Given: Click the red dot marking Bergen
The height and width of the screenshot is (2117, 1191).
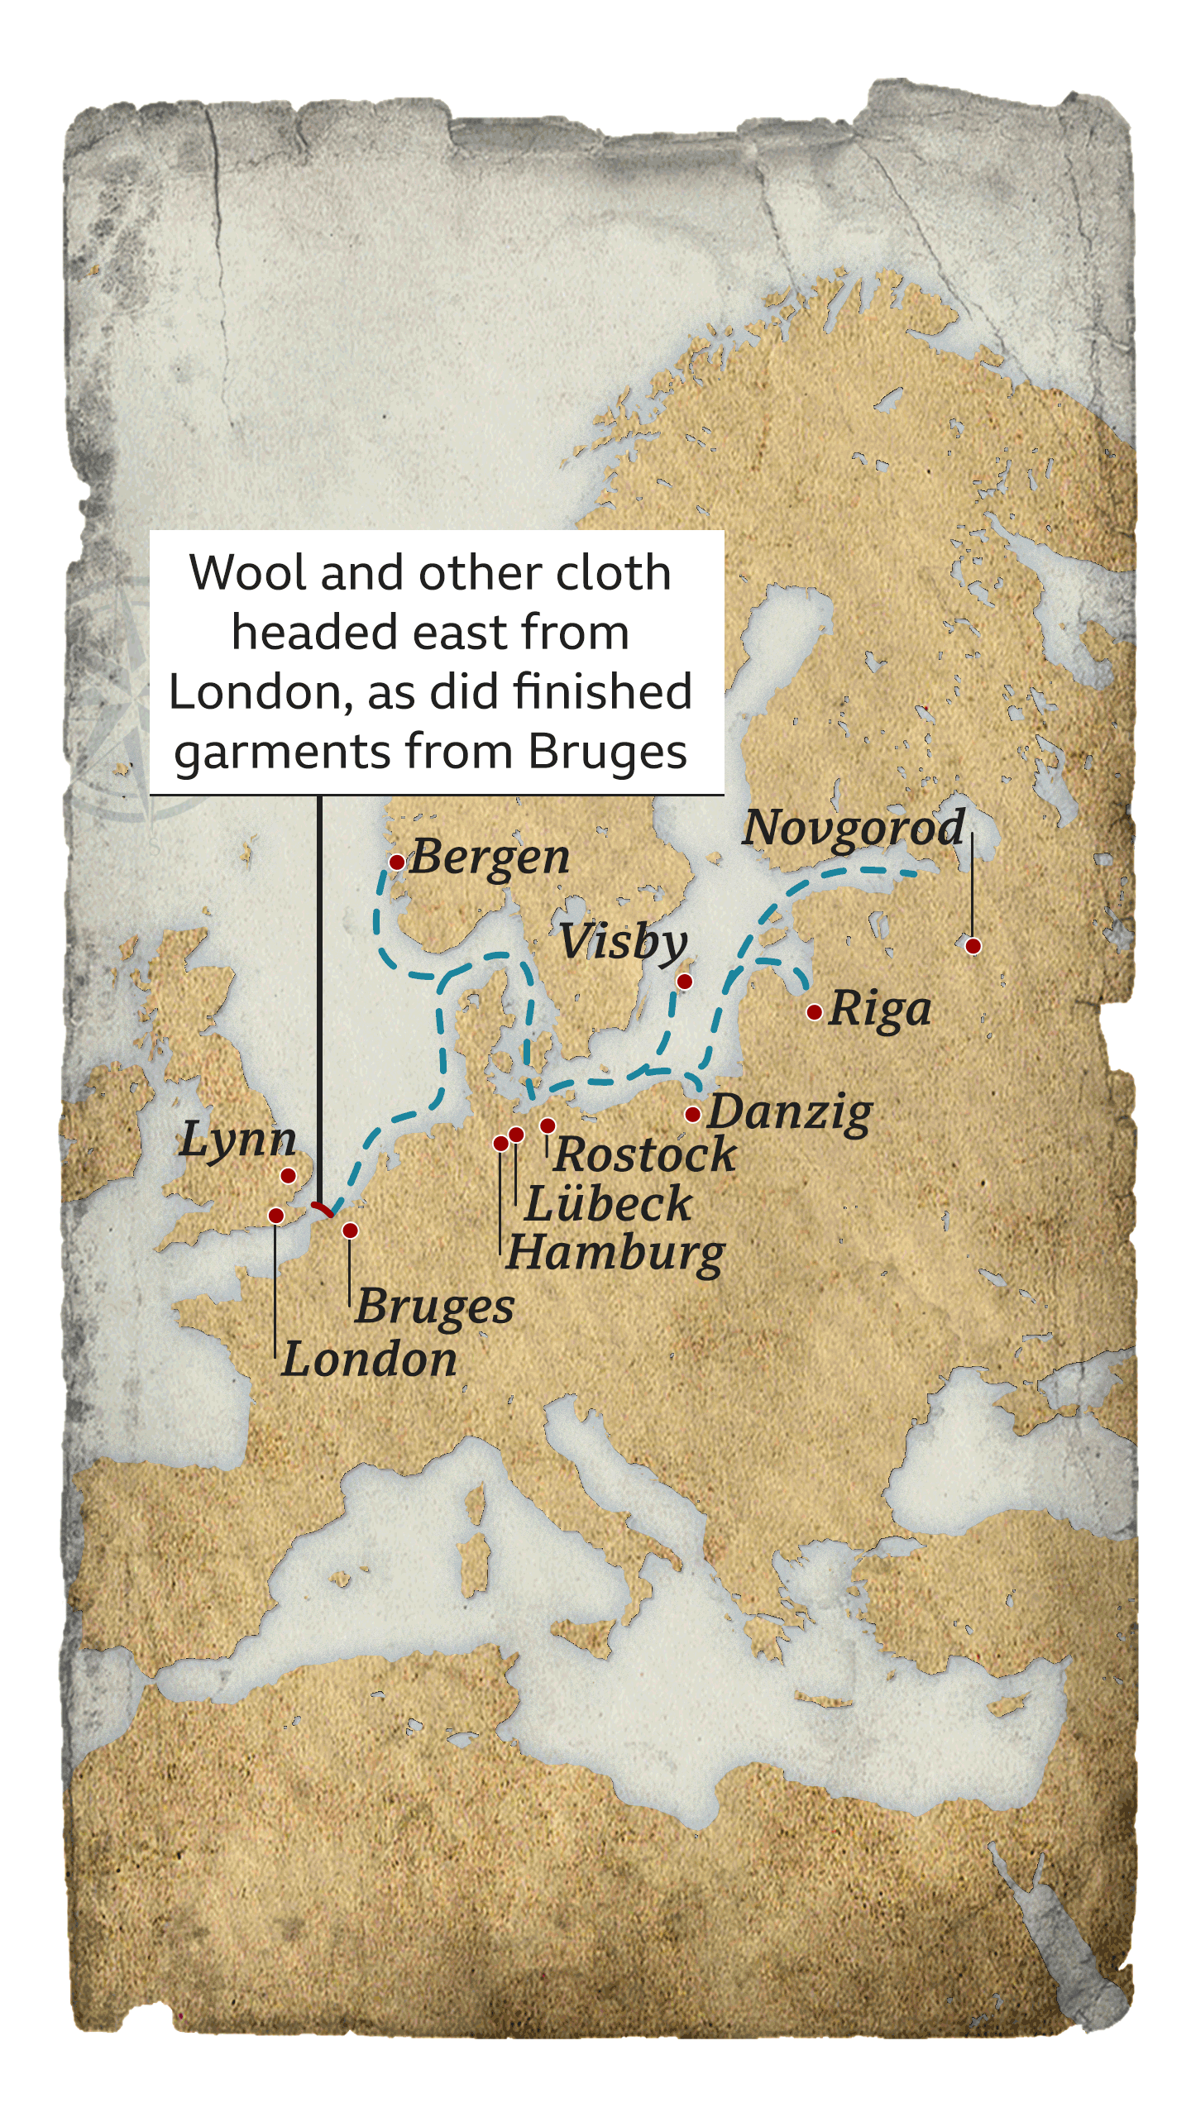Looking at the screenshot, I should point(397,863).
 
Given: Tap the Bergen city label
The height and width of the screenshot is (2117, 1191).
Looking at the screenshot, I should point(490,858).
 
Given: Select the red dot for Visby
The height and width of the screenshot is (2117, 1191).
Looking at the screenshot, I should point(685,982).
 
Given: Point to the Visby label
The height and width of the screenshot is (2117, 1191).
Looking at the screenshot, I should point(623,943).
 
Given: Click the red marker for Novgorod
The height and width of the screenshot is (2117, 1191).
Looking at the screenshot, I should point(973,946).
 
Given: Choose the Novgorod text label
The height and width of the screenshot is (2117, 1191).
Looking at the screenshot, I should point(854,828).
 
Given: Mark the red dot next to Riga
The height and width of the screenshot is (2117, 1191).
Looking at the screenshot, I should point(815,1012).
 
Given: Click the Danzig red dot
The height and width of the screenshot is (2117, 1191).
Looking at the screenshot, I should point(693,1115).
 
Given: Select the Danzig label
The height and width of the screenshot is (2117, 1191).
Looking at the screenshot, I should point(790,1113).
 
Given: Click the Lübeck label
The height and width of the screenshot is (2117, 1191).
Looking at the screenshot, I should point(609,1204).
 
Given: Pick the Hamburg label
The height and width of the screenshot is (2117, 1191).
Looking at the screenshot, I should point(616,1254).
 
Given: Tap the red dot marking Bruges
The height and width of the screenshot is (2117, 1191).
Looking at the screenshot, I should point(350,1231).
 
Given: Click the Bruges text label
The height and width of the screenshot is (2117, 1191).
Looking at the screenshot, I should point(435,1307).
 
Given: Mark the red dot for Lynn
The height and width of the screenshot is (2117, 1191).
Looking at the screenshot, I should point(289,1176).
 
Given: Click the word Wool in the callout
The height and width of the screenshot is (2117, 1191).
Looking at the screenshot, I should point(249,573).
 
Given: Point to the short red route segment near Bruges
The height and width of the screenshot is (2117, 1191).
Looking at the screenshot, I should point(323,1209).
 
